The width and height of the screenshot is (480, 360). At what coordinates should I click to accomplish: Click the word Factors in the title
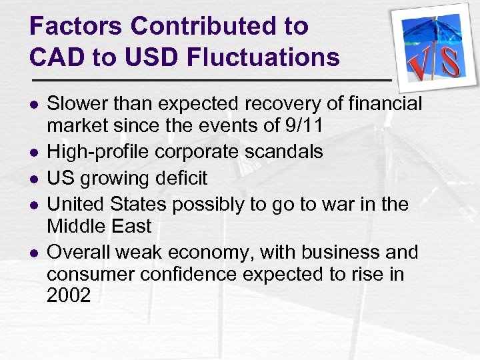point(75,27)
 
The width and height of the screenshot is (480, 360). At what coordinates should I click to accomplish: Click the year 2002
point(69,295)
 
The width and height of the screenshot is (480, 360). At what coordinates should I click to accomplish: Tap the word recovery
point(267,104)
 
